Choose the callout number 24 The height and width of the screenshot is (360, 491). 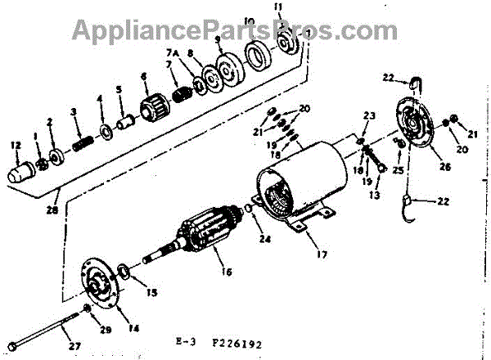(x=262, y=239)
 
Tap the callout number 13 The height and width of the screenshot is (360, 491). (x=374, y=196)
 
